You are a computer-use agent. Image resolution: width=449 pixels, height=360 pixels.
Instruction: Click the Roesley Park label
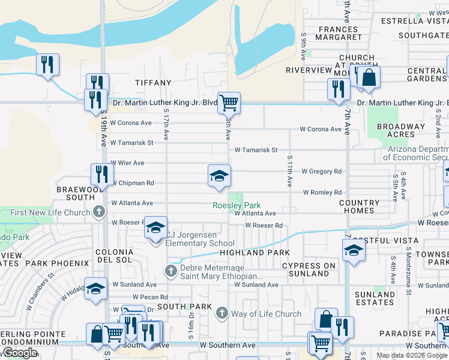[236, 205]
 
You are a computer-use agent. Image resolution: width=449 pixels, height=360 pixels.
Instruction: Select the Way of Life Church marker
[222, 313]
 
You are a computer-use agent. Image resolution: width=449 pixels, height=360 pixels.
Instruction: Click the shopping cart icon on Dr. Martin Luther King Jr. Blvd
[229, 103]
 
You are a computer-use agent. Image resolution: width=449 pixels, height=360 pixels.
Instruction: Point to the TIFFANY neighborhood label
[149, 82]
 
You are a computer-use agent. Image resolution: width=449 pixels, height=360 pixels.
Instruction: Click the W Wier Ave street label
[127, 163]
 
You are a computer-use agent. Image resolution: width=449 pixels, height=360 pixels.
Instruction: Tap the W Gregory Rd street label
[321, 171]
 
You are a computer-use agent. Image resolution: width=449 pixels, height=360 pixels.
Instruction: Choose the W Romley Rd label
[322, 193]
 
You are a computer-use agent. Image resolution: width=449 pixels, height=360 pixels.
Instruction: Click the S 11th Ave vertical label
[289, 169]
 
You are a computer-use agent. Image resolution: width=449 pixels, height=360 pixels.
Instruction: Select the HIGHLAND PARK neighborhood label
[255, 253]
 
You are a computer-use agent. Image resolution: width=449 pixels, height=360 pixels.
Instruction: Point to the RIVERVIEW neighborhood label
[309, 70]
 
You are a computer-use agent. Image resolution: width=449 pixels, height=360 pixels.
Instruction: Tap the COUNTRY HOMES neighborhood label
[359, 207]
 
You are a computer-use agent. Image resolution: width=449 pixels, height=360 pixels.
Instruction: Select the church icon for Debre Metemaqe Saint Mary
[171, 272]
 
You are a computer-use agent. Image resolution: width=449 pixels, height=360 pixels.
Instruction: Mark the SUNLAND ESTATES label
[375, 298]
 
